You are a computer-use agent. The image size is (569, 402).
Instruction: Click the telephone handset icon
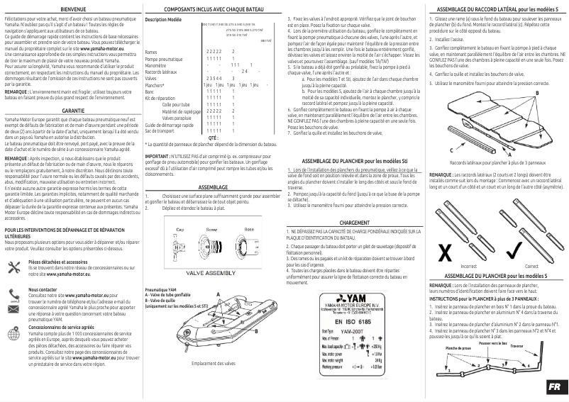(13, 292)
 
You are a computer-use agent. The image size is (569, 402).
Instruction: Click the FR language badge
(554, 388)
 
